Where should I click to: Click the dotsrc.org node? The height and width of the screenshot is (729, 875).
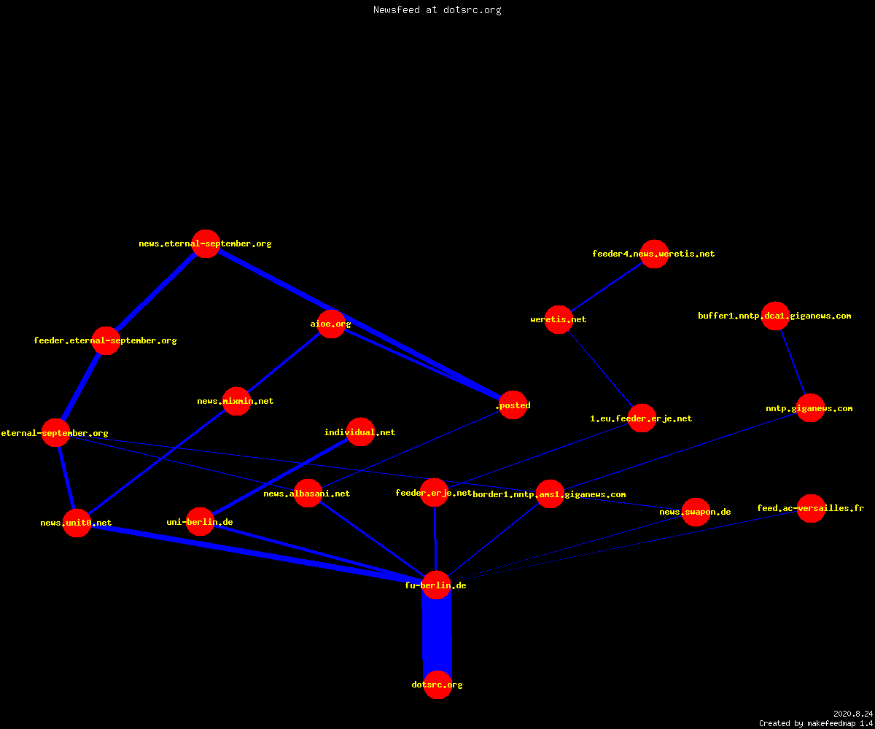tap(437, 685)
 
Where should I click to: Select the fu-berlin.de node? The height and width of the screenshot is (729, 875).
tap(436, 585)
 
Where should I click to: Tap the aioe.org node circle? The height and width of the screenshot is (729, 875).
tap(331, 324)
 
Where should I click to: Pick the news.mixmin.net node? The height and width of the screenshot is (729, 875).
tap(236, 401)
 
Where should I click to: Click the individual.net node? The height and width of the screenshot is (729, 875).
tap(360, 432)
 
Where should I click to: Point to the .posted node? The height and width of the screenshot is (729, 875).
tap(513, 405)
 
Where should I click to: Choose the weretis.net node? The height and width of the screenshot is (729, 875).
tap(559, 320)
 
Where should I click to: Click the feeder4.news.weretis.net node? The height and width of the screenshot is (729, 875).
tap(654, 254)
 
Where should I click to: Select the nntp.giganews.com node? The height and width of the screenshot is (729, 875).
tap(810, 408)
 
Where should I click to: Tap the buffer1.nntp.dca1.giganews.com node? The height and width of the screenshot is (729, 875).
tap(775, 316)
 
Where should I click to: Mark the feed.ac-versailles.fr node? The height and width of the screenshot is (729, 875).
tap(811, 508)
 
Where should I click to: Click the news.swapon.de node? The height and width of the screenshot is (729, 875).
tap(696, 512)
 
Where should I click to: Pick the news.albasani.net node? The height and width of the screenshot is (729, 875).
tap(308, 493)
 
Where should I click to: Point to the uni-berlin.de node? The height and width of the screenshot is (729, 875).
tap(200, 522)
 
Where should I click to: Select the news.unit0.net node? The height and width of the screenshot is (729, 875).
tap(77, 523)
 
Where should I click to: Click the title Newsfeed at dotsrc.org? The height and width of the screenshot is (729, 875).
tap(437, 9)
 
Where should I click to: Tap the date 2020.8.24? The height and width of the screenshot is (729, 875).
tap(853, 714)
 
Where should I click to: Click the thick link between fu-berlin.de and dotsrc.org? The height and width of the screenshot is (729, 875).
tap(437, 635)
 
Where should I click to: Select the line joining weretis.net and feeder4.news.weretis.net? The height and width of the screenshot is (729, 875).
tap(607, 287)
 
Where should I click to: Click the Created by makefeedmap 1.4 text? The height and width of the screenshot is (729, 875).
tap(816, 724)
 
